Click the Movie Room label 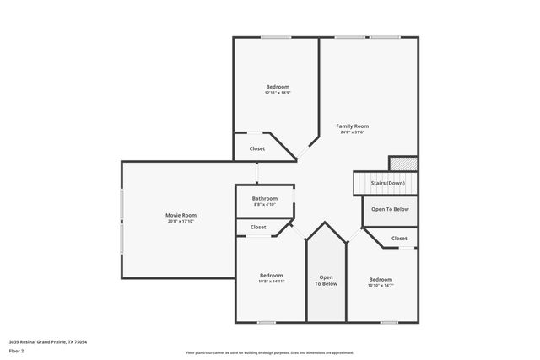point(181,215)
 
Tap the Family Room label point(353,126)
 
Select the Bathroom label point(264,198)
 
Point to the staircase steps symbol point(364,183)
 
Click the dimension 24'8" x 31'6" point(353,132)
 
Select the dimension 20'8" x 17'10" point(181,221)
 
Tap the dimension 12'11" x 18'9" point(278,93)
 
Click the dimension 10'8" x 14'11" point(271,281)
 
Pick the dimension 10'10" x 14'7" point(381,285)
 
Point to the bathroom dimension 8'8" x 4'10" point(264,204)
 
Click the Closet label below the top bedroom point(257,148)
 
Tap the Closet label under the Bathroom point(258,227)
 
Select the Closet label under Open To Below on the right point(399,238)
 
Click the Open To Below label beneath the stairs point(390,209)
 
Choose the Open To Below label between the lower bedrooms point(327,281)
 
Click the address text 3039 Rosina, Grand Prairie point(48,341)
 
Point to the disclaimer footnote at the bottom point(270,353)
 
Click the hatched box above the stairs point(402,163)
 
